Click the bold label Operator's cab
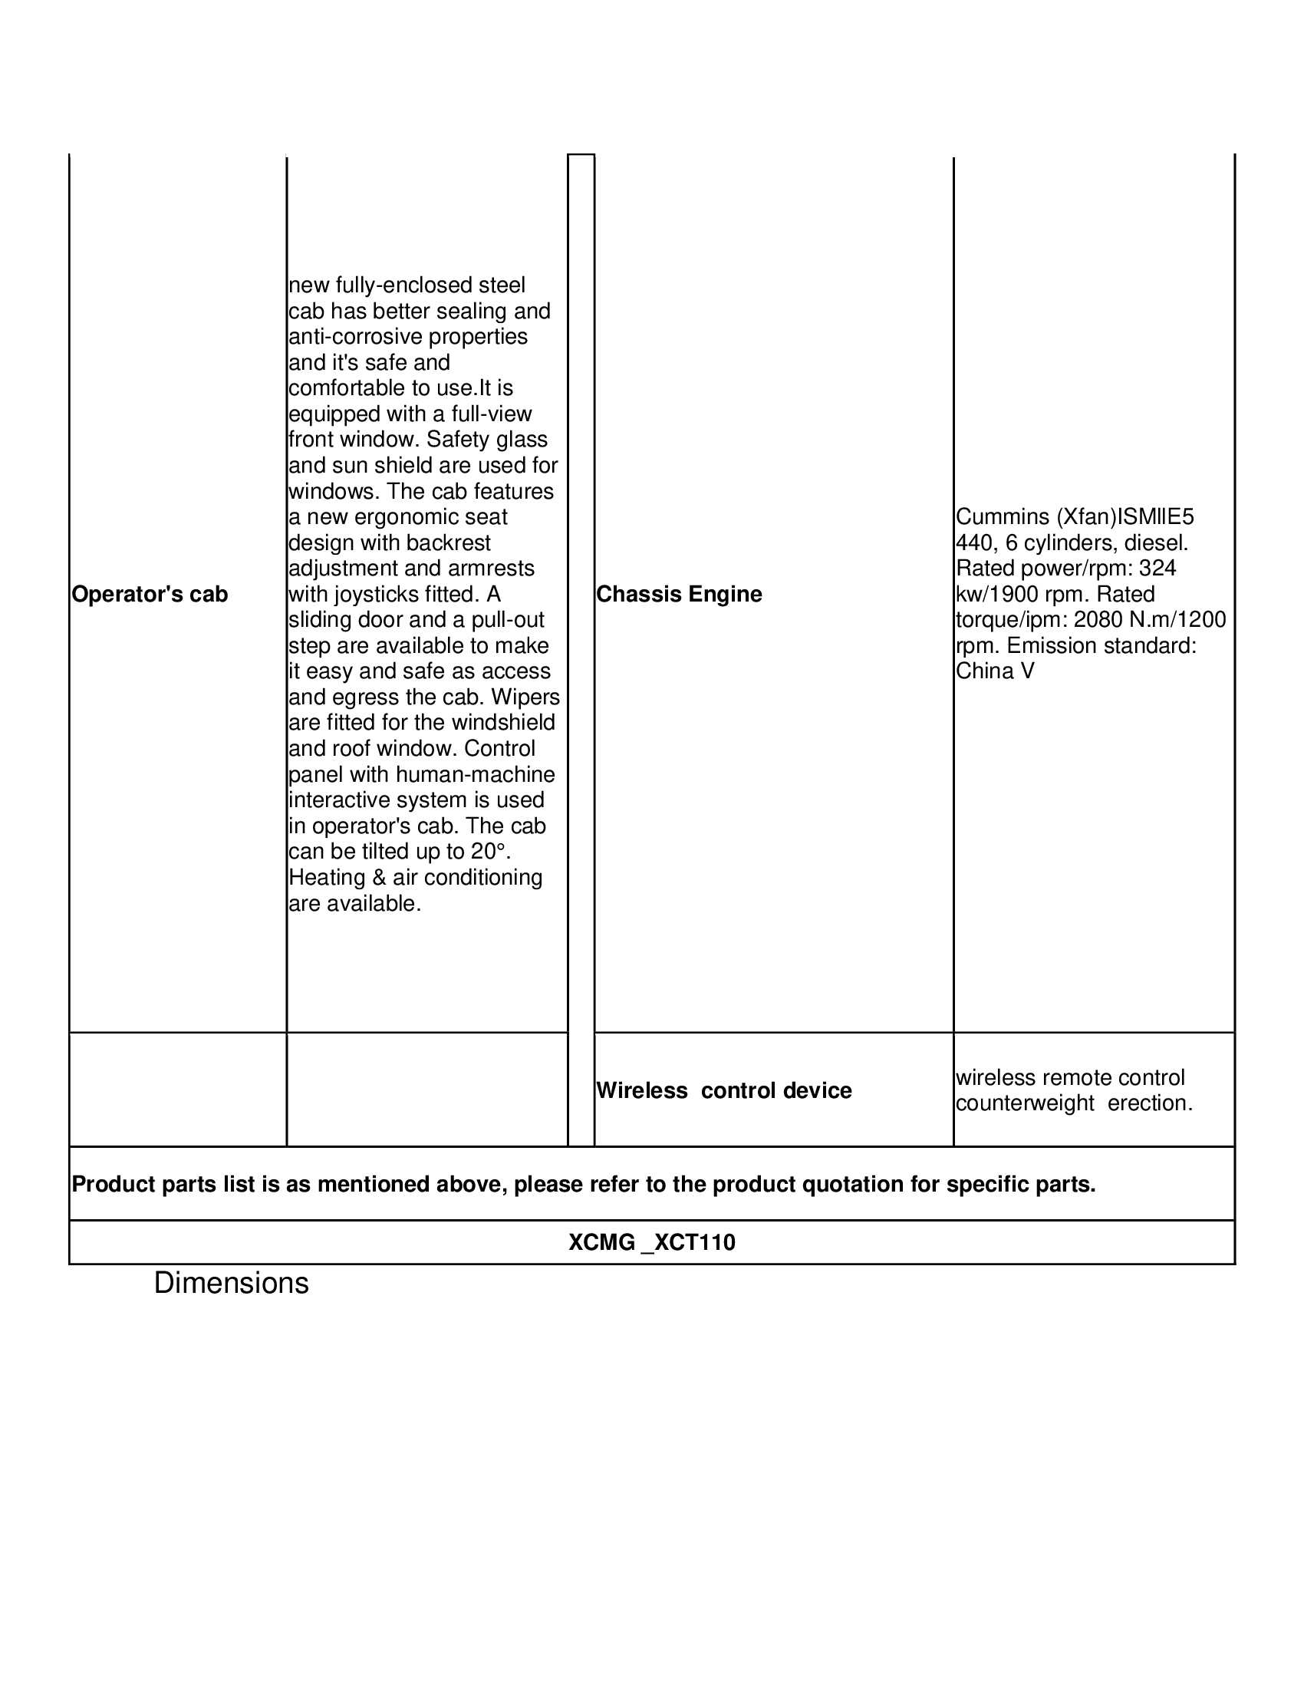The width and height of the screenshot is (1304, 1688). [150, 595]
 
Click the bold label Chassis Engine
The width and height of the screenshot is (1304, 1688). [679, 595]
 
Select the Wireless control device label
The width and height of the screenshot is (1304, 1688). [724, 1090]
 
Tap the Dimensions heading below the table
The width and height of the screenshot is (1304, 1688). [231, 1283]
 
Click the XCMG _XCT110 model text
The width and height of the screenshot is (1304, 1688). [652, 1242]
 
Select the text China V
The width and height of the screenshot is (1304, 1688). [995, 671]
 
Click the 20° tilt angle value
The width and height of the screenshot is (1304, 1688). [489, 851]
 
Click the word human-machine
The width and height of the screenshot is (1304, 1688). [475, 774]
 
